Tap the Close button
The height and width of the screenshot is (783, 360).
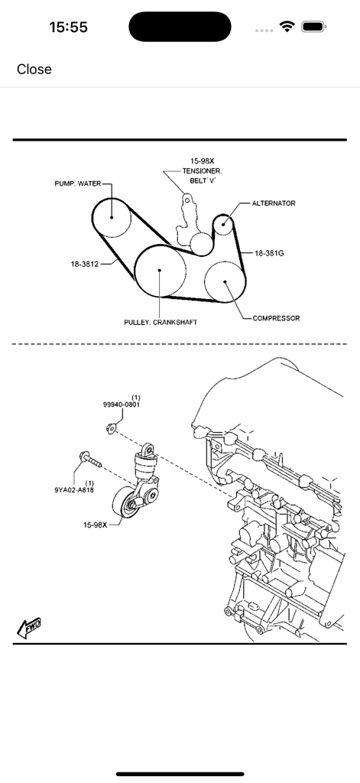(34, 69)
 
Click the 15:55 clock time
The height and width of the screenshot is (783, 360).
(68, 27)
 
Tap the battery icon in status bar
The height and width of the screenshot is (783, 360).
(314, 27)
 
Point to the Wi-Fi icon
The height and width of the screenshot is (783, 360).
(287, 27)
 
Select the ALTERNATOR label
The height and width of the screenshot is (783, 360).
(274, 203)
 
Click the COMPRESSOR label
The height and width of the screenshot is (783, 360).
(276, 318)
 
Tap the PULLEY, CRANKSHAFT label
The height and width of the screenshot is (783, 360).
(161, 323)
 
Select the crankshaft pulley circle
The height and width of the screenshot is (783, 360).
(160, 270)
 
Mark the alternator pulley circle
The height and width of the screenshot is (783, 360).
(222, 224)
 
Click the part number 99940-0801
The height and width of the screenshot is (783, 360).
(122, 405)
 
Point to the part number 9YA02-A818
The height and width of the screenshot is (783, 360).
(74, 489)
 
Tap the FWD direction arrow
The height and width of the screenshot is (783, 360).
(28, 628)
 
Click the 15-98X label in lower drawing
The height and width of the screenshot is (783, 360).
(96, 525)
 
